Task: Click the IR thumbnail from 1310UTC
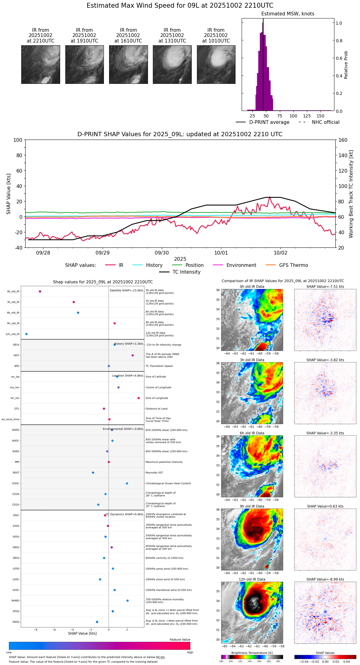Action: pos(172,64)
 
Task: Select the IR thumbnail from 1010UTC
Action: pos(216,64)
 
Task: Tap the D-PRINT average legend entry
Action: pos(263,122)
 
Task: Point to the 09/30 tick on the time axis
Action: pos(162,253)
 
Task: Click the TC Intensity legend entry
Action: pos(180,272)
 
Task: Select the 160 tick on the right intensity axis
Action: pos(343,140)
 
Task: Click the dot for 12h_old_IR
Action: pos(27,334)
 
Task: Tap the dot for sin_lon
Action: pos(139,398)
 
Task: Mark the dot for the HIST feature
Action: pos(133,355)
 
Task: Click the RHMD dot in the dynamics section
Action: pos(128,601)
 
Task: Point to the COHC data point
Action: pos(127,483)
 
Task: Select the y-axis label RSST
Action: pos(16,473)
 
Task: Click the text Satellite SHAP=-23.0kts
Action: pos(126,291)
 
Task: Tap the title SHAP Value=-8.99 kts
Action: pos(325,579)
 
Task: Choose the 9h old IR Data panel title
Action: pos(252,506)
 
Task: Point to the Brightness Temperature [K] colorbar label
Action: pos(252,653)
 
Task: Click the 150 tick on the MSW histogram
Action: pos(321,116)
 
